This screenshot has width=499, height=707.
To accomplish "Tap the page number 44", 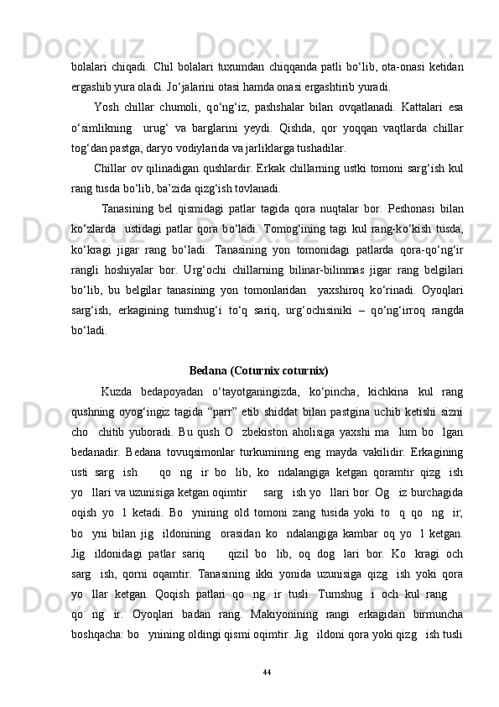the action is (x=267, y=673).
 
